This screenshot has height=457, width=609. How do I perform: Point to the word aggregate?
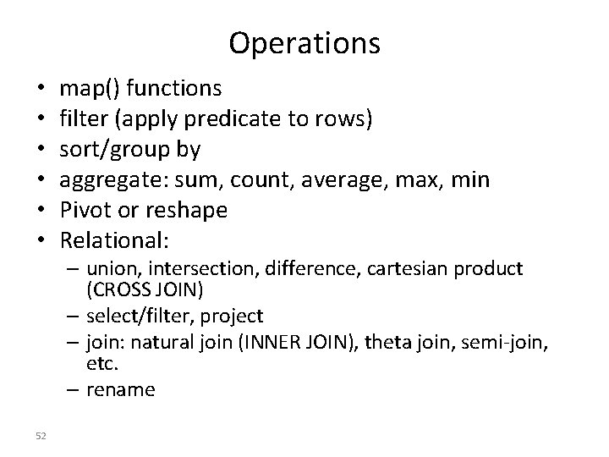(x=106, y=180)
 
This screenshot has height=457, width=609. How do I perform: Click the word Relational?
(x=113, y=241)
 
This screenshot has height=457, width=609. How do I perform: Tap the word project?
(x=233, y=316)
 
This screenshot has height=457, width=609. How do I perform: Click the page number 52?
(x=42, y=435)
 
